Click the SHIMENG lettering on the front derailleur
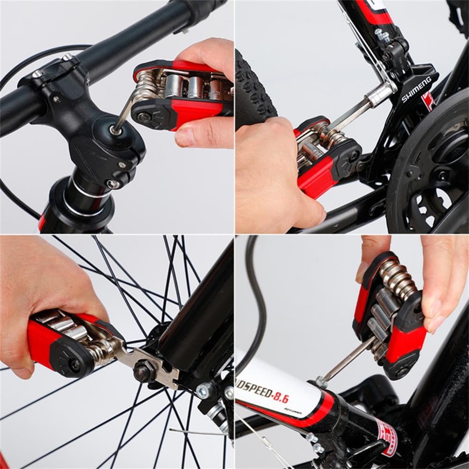(416, 90)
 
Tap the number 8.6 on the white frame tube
(278, 398)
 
